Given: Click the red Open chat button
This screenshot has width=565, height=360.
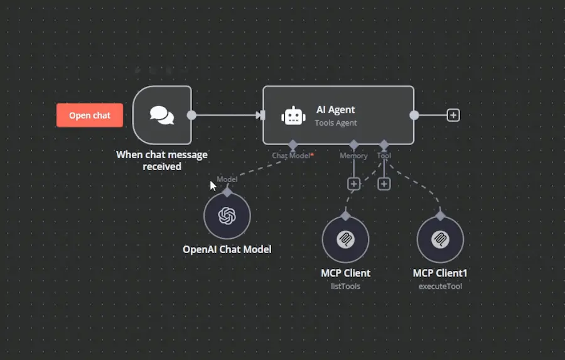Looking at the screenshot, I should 89,115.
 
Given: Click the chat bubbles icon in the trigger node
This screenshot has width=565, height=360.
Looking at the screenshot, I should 162,115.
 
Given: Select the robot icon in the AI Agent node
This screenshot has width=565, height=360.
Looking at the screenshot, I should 293,116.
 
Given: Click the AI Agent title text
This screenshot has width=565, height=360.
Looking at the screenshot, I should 335,110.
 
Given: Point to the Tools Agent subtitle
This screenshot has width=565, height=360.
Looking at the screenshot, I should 336,123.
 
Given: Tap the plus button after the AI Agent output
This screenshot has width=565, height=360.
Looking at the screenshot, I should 453,115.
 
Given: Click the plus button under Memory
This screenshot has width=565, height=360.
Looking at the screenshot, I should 353,184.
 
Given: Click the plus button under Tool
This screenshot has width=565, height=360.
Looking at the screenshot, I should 384,184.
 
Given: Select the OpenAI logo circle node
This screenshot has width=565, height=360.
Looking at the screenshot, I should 227,216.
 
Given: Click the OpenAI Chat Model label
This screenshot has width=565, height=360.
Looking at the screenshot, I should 227,249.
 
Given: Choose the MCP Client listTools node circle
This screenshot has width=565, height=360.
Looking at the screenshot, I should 345,240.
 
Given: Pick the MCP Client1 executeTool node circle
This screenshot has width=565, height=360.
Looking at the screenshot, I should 440,240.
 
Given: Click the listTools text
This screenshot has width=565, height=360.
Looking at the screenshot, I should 345,286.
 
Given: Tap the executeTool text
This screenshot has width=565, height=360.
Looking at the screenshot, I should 440,286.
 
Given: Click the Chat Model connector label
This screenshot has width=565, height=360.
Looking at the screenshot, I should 291,156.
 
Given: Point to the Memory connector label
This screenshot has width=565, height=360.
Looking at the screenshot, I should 353,156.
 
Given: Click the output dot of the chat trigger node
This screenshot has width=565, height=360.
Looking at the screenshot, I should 191,115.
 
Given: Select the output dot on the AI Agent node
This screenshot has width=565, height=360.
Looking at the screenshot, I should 414,115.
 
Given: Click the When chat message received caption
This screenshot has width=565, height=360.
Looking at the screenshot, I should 162,160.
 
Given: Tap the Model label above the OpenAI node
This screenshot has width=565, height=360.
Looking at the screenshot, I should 227,180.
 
